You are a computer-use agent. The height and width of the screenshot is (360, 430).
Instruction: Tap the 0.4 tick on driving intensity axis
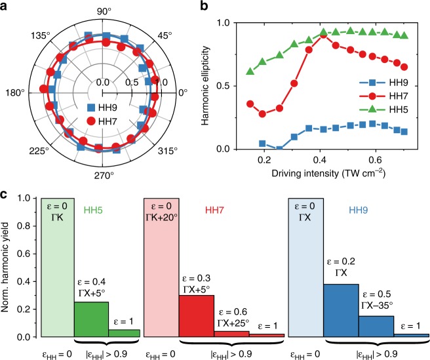pyautogui.click(x=269, y=161)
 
